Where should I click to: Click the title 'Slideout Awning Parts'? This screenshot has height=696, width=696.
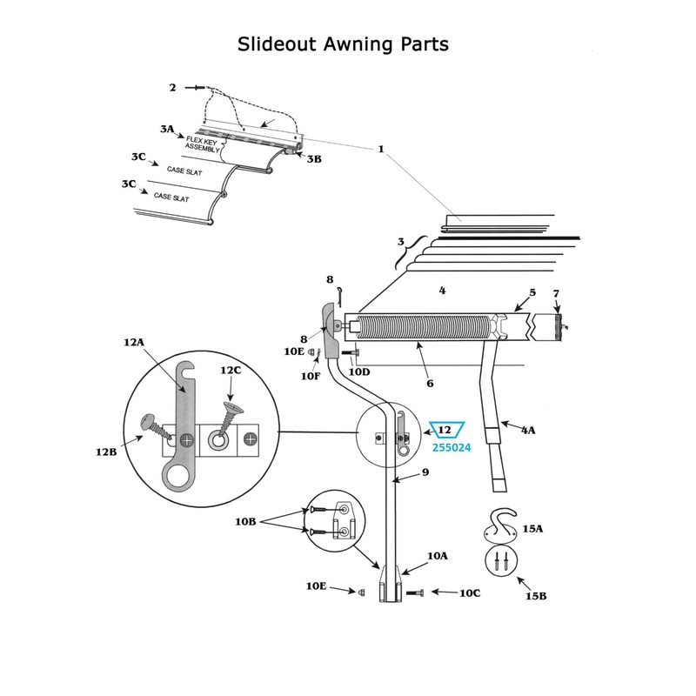click(343, 43)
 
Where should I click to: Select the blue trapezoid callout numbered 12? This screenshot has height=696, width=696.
click(444, 430)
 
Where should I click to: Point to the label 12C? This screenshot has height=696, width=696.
click(230, 370)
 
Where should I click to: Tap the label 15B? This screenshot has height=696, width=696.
click(536, 595)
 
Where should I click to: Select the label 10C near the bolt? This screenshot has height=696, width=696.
click(469, 593)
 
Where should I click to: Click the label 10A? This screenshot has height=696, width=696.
click(438, 555)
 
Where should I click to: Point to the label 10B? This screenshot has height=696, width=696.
click(246, 520)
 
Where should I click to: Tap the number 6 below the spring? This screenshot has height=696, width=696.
click(430, 382)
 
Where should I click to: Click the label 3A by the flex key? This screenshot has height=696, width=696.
click(167, 129)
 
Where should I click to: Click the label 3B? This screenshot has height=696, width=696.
click(314, 158)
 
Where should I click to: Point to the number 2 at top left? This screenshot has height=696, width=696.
click(172, 87)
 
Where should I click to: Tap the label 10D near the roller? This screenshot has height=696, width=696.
click(359, 371)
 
